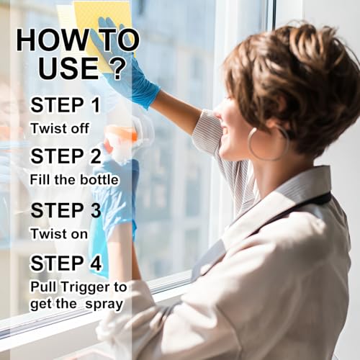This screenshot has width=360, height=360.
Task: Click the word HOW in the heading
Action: (53, 40)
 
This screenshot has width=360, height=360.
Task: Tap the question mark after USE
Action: (117, 68)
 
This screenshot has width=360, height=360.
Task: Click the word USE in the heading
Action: (68, 68)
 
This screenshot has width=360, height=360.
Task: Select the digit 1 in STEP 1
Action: (96, 105)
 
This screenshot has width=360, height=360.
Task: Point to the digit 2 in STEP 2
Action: (96, 156)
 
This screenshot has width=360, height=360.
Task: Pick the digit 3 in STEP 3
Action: (96, 210)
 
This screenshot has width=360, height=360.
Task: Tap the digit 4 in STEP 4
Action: (96, 264)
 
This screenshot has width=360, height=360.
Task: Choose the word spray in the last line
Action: (104, 305)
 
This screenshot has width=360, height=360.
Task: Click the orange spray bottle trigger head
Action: (121, 135)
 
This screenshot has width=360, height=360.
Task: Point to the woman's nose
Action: (217, 112)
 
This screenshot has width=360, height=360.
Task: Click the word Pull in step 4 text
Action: (43, 287)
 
